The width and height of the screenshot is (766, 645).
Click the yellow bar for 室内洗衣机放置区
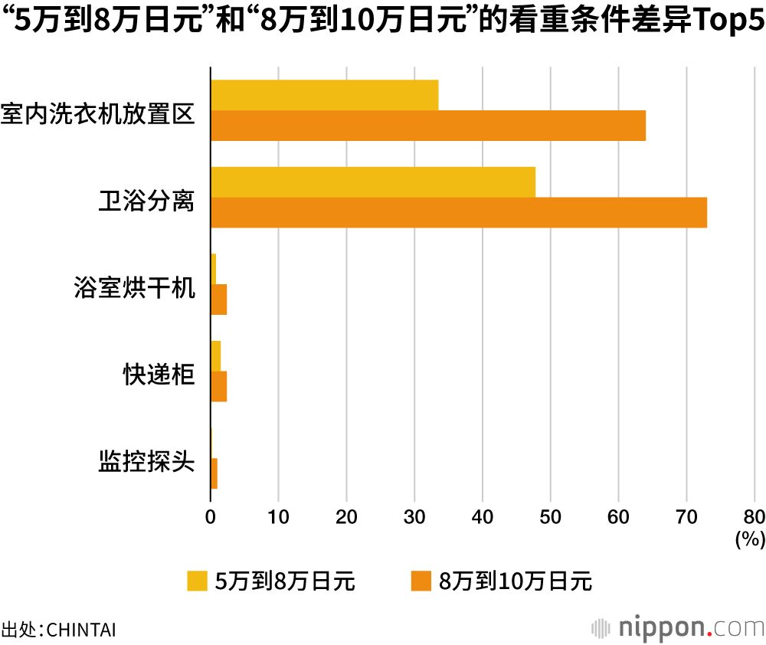324,95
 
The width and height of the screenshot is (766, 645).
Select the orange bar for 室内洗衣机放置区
427,126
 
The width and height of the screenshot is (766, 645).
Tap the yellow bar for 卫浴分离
372,182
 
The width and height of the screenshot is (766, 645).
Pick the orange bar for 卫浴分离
458,212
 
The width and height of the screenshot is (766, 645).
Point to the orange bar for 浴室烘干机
219,300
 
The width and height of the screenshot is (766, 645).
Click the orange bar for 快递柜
219,387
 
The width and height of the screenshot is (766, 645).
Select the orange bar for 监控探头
214,473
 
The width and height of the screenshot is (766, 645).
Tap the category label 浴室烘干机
134,289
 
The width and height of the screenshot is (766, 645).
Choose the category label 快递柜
159,375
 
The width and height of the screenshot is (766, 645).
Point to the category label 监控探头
146,463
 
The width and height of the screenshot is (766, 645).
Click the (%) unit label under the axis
750,539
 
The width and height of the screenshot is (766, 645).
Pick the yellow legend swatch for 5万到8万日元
197,581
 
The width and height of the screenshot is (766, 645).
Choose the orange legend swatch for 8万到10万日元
421,581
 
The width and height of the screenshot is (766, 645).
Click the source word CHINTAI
81,630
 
